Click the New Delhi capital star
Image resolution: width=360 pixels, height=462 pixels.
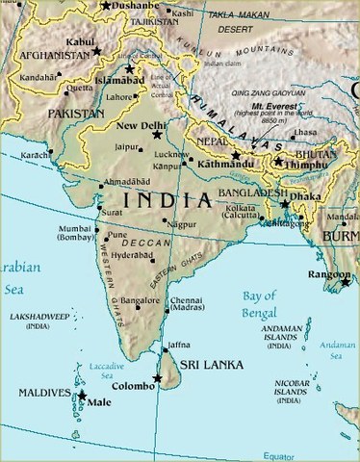[157, 136]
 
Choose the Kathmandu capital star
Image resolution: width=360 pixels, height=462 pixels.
[236, 155]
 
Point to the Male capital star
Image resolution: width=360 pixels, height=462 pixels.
[82, 395]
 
